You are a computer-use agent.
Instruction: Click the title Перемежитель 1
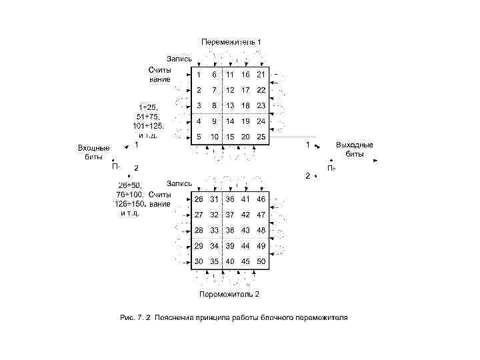point(231,42)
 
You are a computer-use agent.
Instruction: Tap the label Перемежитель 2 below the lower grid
point(229,294)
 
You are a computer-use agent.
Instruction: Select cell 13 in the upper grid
point(229,105)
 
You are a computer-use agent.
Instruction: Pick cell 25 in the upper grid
point(261,137)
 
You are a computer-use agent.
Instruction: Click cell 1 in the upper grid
point(198,74)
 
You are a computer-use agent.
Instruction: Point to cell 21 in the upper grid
point(261,74)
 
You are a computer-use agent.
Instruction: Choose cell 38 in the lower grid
point(229,230)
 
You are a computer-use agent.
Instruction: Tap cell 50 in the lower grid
point(261,261)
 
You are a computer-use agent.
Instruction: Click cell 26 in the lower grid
point(198,199)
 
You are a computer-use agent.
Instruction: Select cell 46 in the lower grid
point(261,199)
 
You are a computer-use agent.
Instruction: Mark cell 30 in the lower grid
point(198,261)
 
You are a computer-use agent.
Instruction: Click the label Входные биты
point(93,152)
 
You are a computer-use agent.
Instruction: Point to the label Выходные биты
point(355,149)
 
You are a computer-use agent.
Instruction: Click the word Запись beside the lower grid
point(179,183)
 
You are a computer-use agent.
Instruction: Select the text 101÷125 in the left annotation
point(149,125)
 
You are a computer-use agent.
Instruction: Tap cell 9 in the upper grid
point(214,121)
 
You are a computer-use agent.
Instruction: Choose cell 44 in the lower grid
point(245,246)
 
